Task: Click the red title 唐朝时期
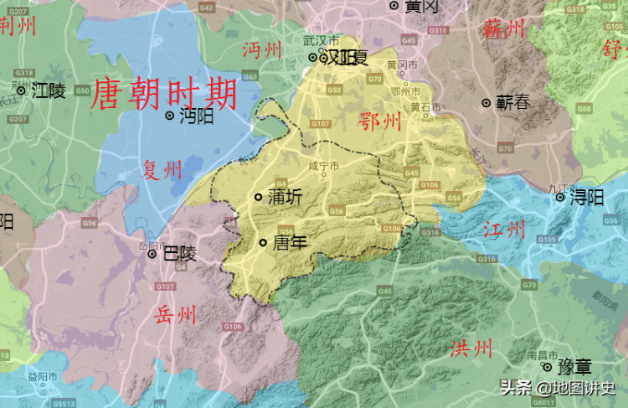coord(163,95)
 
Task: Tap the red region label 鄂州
coord(379,122)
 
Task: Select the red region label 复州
coord(162,171)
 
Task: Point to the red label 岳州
coord(176,314)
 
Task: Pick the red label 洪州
coord(471,349)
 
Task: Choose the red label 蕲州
coord(504,29)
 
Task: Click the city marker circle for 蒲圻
coord(258,198)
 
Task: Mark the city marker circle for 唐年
coord(263,243)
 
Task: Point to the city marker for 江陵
coord(21,90)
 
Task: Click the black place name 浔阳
coord(587,198)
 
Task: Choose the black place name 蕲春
coord(512,103)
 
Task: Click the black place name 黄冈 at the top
coord(421,6)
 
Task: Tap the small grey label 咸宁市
coord(323,166)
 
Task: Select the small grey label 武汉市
coord(322,40)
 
